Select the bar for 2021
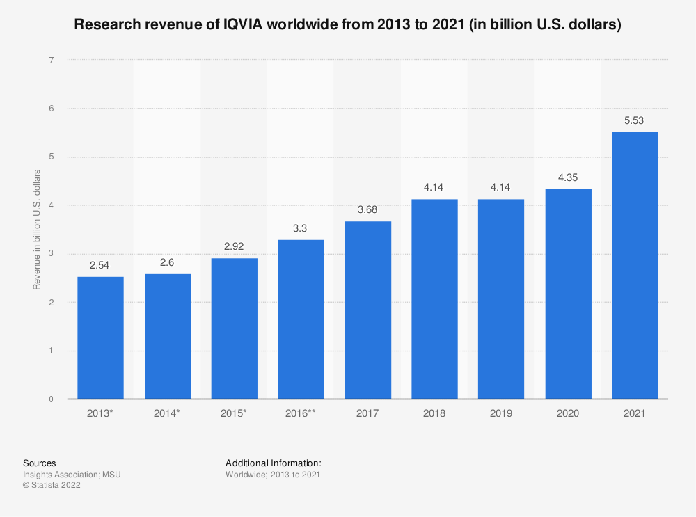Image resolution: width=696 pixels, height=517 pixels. tap(634, 265)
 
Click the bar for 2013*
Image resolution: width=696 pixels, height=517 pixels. tap(100, 337)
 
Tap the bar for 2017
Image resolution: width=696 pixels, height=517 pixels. tap(367, 310)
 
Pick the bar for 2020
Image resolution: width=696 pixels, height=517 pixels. tap(567, 294)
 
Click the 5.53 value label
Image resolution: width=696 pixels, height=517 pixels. tap(634, 120)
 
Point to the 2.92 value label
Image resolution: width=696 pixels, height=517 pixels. tap(234, 246)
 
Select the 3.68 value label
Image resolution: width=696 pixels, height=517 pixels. tap(367, 209)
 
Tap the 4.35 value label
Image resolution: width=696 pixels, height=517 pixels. tap(567, 177)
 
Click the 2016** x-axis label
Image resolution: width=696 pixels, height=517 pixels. tap(301, 413)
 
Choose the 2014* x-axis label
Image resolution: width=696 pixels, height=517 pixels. tap(167, 413)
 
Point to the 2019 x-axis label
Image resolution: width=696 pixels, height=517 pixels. tap(500, 413)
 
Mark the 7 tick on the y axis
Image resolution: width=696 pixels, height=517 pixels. tap(52, 61)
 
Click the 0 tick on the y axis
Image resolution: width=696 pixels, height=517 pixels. tap(52, 399)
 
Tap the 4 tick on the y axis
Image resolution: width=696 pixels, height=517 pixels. tap(52, 206)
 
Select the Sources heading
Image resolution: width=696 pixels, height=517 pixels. tap(40, 463)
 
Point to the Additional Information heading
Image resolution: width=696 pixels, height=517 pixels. tap(274, 463)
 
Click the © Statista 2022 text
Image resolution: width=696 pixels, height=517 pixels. tap(52, 486)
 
